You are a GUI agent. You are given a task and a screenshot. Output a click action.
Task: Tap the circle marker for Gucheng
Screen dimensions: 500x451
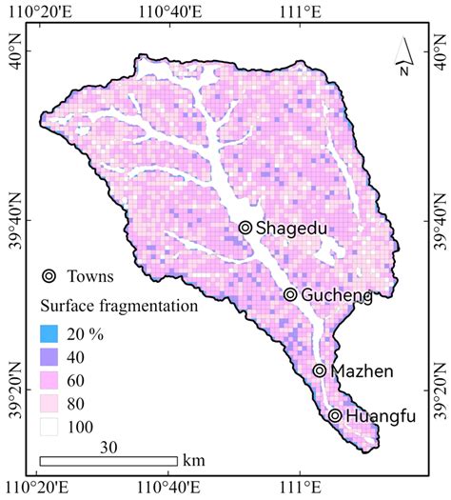(x=290, y=295)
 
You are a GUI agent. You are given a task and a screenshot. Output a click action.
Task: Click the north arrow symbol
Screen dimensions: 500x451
(x=404, y=57)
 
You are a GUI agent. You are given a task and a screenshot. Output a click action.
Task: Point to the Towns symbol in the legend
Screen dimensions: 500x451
(x=49, y=277)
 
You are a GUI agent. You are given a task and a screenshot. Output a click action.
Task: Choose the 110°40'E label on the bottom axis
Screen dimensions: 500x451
(x=167, y=490)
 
